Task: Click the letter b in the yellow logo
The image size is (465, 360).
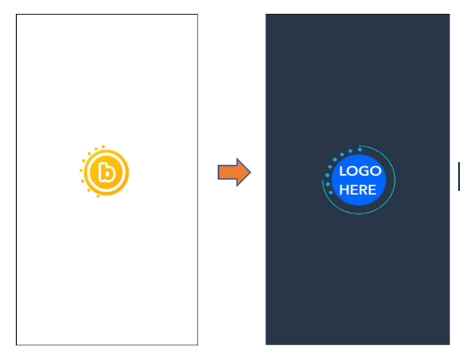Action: tap(107, 172)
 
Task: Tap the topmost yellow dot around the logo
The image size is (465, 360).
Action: tap(103, 146)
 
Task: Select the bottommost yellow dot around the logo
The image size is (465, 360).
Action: tap(98, 196)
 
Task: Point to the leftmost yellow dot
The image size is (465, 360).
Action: tap(81, 170)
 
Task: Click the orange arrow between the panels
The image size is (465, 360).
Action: tap(234, 172)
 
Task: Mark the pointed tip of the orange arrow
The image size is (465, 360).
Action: tap(250, 172)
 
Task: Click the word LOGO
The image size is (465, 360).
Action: tap(360, 171)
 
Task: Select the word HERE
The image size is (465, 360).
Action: tap(357, 190)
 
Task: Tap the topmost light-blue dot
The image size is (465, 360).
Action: tap(360, 149)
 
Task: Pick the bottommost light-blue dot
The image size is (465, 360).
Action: tap(331, 192)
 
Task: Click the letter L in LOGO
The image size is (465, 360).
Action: tap(342, 171)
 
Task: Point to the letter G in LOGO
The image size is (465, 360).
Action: tap(363, 171)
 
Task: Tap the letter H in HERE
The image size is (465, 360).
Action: tap(343, 190)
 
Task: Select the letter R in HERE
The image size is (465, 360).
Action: tap(363, 190)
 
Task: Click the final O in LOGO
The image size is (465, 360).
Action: tap(375, 171)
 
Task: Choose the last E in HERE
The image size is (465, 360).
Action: tap(372, 190)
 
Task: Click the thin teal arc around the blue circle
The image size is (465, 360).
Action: tap(395, 180)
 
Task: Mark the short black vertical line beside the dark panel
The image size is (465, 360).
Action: tap(459, 176)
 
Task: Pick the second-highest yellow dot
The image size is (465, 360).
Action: tap(96, 149)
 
